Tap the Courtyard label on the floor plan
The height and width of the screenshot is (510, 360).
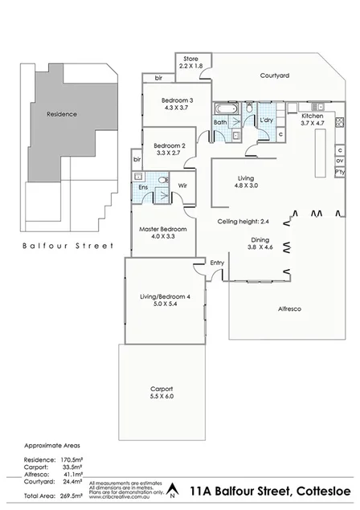274,75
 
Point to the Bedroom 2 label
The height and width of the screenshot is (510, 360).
170,145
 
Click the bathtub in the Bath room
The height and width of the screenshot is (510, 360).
224,108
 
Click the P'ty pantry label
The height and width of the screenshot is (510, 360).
341,172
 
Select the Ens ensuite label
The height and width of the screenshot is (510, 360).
143,187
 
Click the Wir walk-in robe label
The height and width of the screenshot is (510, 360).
182,186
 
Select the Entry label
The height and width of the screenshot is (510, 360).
217,262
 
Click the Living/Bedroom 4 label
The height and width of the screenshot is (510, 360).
165,297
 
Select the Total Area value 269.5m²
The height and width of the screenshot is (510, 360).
73,496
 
